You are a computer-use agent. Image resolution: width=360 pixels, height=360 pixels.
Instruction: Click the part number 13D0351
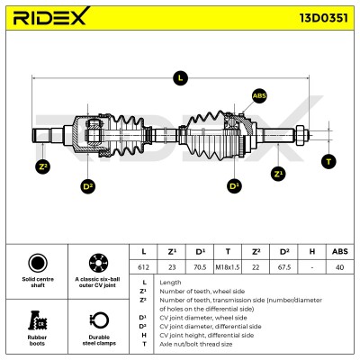tap(324, 18)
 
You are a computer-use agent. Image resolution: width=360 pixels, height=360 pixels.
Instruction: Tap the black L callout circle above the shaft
tap(180, 78)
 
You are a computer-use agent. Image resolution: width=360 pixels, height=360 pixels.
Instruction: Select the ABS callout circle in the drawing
tap(259, 96)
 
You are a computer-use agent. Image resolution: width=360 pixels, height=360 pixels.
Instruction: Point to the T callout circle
tap(328, 162)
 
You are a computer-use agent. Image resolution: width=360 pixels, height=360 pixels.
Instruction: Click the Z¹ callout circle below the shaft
tap(278, 174)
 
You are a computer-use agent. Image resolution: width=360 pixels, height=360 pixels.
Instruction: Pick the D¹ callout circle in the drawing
tap(234, 186)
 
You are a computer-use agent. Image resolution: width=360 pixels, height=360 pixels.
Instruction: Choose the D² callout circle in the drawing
tap(88, 186)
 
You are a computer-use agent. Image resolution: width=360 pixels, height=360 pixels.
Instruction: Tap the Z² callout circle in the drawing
tap(43, 166)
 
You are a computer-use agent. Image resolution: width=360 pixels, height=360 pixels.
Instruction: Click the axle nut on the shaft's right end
tap(301, 136)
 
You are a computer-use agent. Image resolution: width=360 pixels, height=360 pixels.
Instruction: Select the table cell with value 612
tap(143, 267)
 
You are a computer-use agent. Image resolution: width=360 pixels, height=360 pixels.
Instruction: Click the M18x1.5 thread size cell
tap(228, 267)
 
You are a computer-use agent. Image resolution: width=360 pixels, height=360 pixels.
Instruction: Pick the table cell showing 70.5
tap(200, 267)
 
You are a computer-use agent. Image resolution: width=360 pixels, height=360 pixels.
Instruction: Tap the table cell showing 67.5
tap(284, 267)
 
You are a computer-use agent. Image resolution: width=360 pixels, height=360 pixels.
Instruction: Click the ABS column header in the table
tap(340, 251)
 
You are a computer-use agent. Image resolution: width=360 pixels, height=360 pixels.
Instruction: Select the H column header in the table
tap(312, 251)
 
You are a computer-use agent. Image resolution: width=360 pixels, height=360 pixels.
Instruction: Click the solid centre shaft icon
tap(38, 263)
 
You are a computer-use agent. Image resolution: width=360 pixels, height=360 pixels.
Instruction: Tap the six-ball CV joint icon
tap(98, 263)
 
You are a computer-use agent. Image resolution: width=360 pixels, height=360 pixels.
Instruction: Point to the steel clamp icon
tap(99, 320)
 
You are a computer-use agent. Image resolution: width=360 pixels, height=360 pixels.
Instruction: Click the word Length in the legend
tap(170, 283)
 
